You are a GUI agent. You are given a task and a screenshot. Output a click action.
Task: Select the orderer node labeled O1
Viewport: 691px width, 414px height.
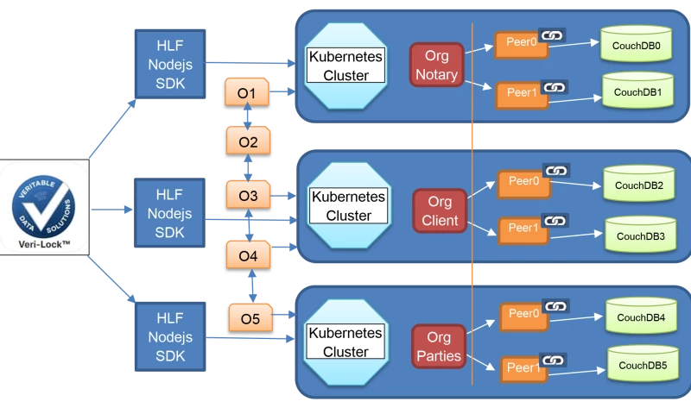tap(247, 92)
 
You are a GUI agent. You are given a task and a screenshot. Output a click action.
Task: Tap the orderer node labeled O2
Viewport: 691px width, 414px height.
tap(248, 141)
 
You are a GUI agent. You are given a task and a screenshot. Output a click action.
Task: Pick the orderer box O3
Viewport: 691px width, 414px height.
tap(248, 195)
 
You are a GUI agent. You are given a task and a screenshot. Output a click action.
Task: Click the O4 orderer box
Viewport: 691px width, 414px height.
tap(248, 255)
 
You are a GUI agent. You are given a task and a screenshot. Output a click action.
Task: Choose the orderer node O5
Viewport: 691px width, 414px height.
tap(250, 318)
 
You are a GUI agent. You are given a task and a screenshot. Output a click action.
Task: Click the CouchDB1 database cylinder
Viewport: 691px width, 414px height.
tap(637, 91)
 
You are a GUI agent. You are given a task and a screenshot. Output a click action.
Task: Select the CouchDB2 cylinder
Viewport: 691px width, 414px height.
tap(638, 185)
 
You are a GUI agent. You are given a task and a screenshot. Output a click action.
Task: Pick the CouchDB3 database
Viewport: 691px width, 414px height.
tap(640, 235)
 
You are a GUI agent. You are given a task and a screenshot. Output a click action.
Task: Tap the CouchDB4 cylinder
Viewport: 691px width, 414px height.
tap(640, 317)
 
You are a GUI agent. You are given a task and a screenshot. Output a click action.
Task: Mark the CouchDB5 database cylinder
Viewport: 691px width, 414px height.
tap(642, 364)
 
